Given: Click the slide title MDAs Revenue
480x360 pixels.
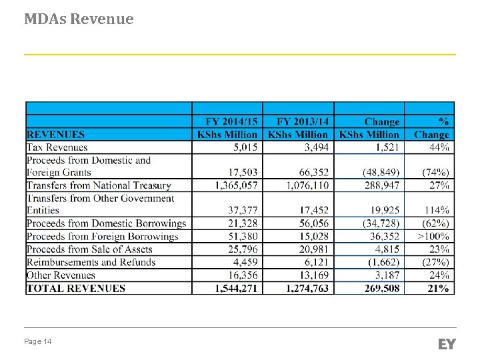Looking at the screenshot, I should [x=79, y=19].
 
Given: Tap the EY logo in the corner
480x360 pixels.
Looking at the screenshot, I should [x=447, y=344].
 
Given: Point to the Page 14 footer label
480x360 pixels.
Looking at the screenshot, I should [x=38, y=342].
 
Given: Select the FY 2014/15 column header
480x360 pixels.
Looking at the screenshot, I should [x=227, y=128].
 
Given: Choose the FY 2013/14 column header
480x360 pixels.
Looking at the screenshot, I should [x=298, y=128].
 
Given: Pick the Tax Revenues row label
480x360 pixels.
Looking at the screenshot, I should [x=57, y=147].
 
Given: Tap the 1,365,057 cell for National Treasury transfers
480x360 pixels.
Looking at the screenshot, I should [x=229, y=185].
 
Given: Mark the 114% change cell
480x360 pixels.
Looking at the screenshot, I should [x=436, y=211].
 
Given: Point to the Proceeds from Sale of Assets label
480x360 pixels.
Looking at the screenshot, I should [x=90, y=249].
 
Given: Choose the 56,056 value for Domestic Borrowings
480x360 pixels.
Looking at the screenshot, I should [x=313, y=223].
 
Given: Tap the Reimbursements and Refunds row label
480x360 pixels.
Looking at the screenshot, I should [x=91, y=262].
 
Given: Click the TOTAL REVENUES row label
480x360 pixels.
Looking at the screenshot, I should [x=76, y=288].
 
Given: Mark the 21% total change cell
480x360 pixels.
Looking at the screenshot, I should [x=439, y=288].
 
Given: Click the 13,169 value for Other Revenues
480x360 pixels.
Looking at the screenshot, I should [x=313, y=275].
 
